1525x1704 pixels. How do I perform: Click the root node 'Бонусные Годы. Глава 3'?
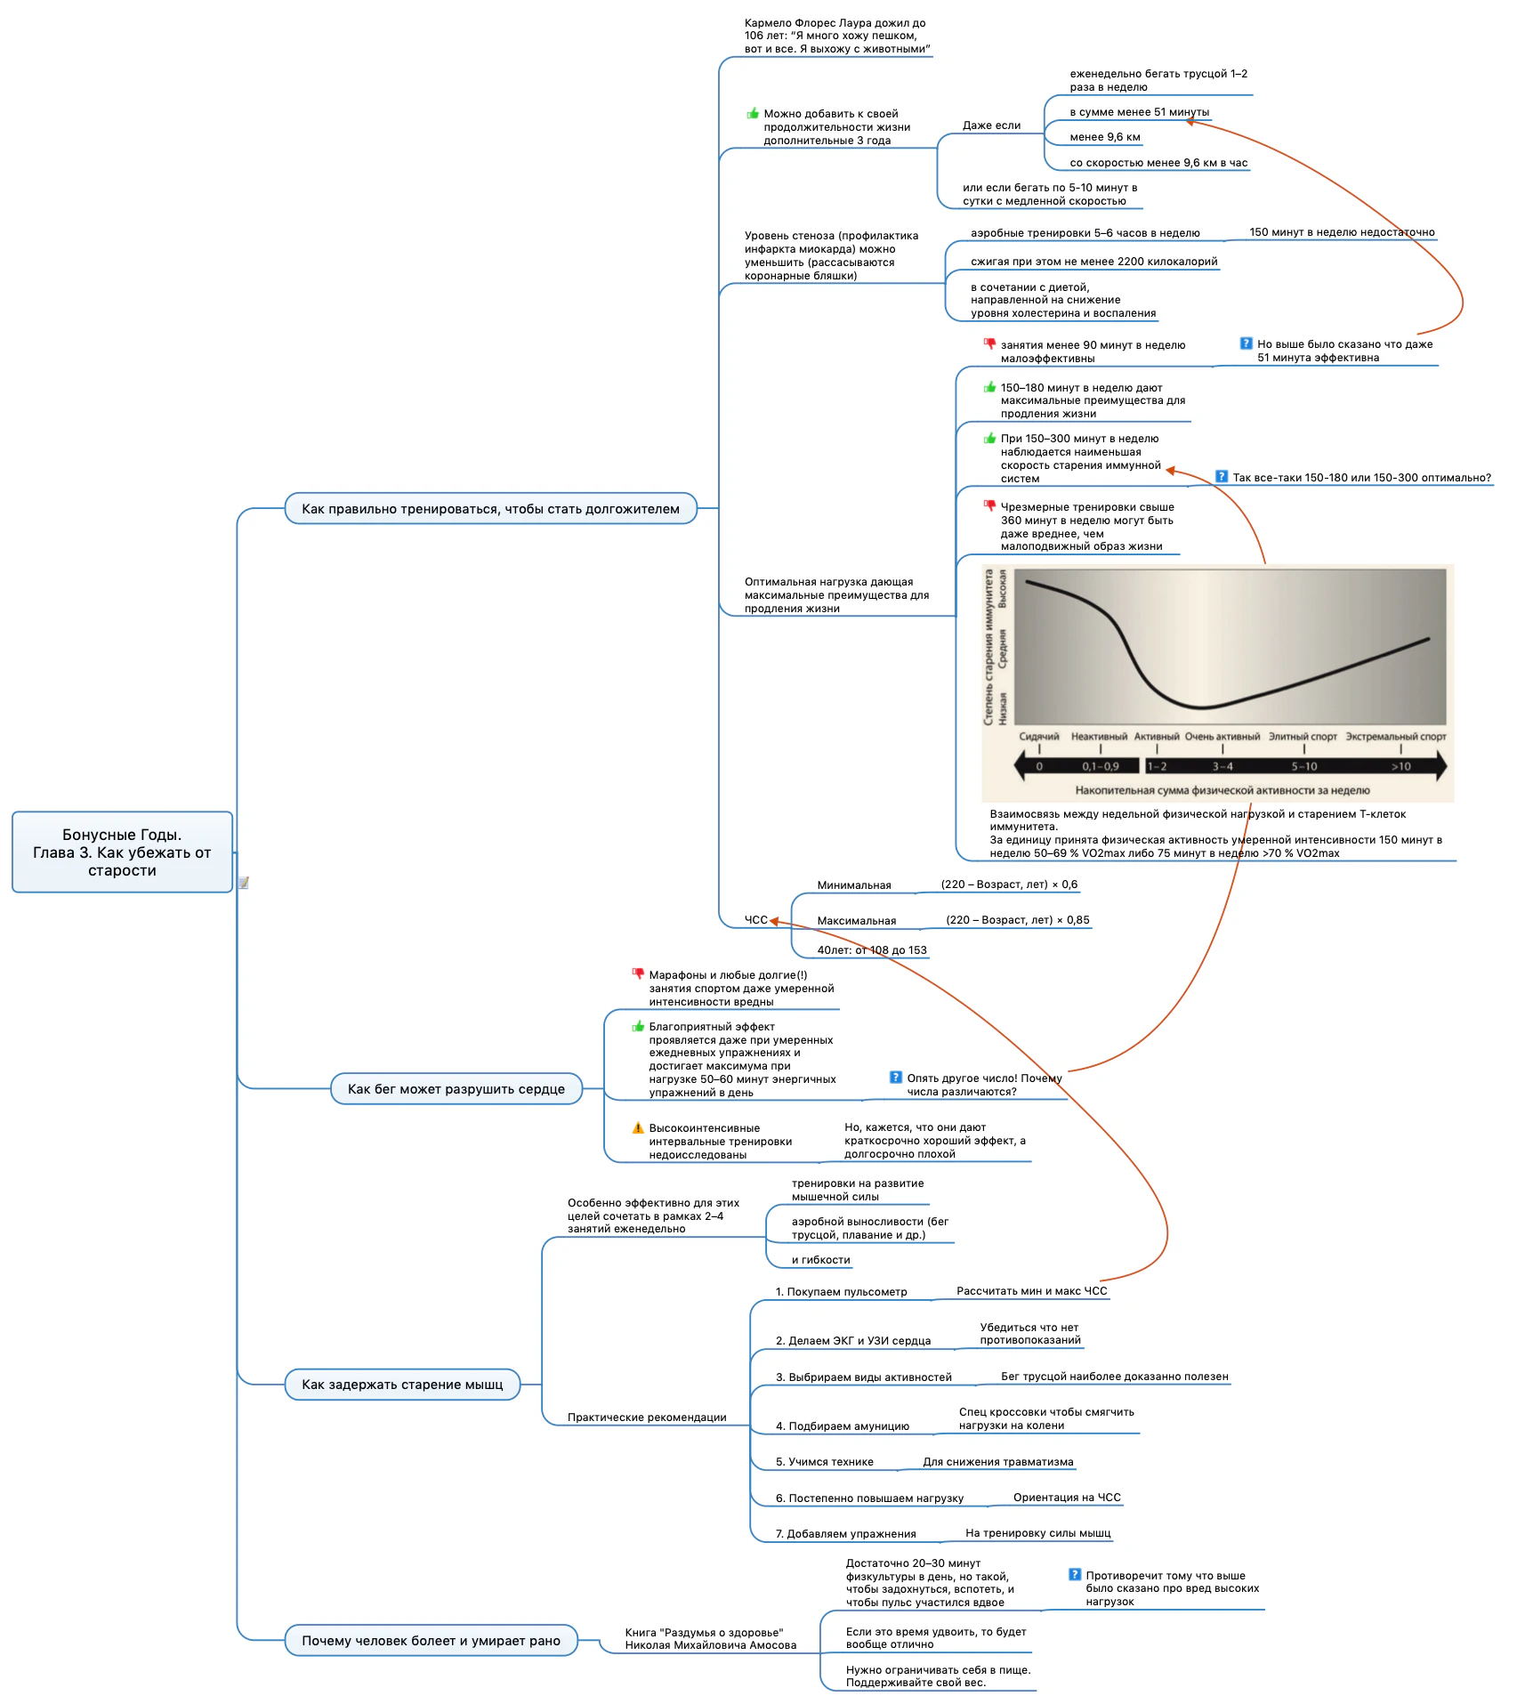122,852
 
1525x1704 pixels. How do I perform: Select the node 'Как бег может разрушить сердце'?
456,1088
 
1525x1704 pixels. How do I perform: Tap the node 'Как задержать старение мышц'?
402,1384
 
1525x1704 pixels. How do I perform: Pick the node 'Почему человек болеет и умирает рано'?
431,1640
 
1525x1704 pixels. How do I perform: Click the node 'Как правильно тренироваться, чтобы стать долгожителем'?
490,508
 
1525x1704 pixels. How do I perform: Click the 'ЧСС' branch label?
756,920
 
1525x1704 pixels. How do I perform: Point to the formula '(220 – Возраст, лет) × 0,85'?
1018,920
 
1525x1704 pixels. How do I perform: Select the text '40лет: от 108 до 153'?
872,950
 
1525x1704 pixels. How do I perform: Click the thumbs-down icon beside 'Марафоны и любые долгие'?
638,973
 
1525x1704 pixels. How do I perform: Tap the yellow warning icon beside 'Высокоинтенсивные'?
638,1127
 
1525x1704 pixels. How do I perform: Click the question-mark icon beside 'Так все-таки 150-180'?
1222,476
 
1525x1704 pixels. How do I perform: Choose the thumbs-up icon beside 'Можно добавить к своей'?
753,113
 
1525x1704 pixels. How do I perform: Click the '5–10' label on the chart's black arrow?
1304,766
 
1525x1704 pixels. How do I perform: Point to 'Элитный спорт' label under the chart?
1303,737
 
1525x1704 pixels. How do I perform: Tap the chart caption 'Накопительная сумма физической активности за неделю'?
1222,790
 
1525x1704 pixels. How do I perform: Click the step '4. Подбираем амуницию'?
843,1425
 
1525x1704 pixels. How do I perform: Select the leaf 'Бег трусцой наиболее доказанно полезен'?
1115,1377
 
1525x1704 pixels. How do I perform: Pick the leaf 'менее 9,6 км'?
1105,137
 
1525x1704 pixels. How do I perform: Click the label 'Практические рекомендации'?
647,1417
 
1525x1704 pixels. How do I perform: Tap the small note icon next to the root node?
243,883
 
